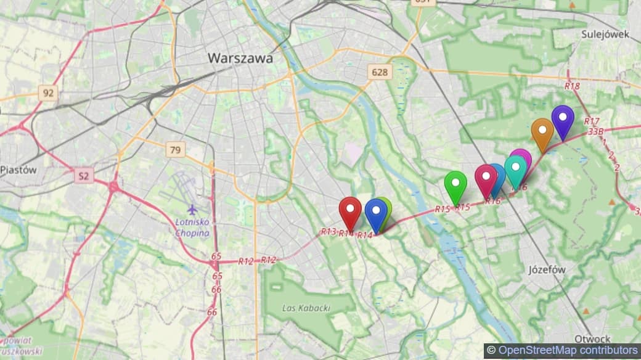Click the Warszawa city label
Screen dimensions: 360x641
pyautogui.click(x=240, y=58)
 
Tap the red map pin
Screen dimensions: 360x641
pyautogui.click(x=350, y=211)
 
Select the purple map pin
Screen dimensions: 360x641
pyautogui.click(x=563, y=120)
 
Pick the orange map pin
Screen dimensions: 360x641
pyautogui.click(x=542, y=133)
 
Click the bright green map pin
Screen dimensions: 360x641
pyautogui.click(x=455, y=185)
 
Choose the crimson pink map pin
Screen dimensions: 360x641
pyautogui.click(x=486, y=179)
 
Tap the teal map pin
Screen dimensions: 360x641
pyautogui.click(x=515, y=170)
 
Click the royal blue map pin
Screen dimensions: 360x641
pyautogui.click(x=375, y=213)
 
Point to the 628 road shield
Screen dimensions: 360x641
pyautogui.click(x=380, y=72)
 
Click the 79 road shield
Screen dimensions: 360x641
pyautogui.click(x=176, y=149)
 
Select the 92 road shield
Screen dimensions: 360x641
pyautogui.click(x=47, y=94)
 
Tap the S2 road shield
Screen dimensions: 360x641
pyautogui.click(x=84, y=176)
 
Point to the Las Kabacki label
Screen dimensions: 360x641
pyautogui.click(x=306, y=308)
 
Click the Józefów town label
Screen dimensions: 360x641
pyautogui.click(x=547, y=269)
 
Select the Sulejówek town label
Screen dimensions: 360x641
pyautogui.click(x=605, y=35)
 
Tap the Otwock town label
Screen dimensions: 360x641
pyautogui.click(x=592, y=338)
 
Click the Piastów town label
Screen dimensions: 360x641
pyautogui.click(x=18, y=170)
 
